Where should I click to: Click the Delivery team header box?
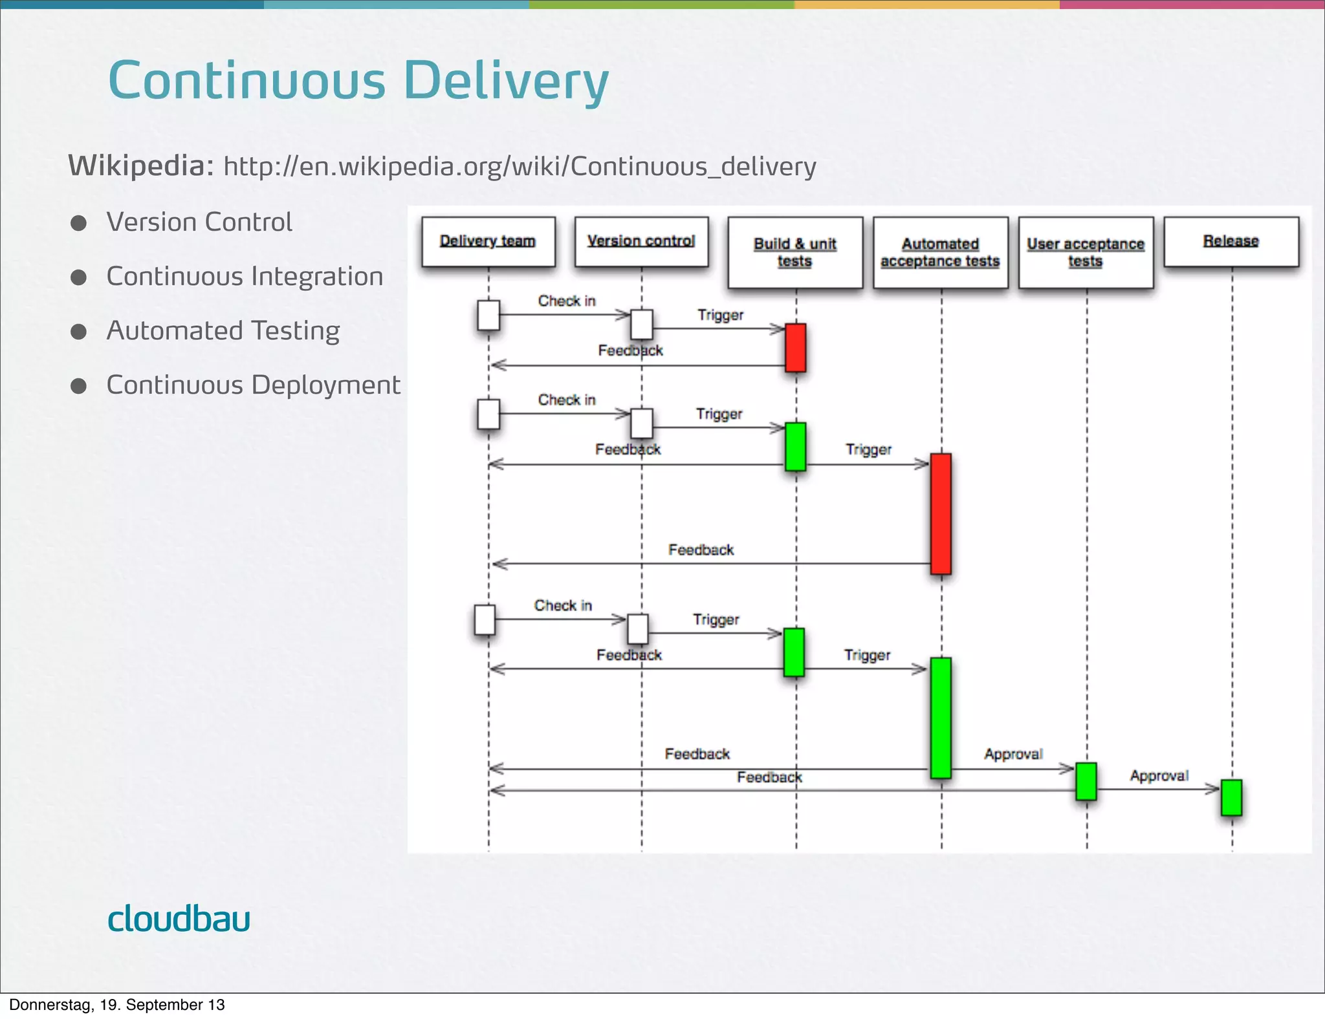(x=488, y=242)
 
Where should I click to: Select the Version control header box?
(x=641, y=242)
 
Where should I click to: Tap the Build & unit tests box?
(x=795, y=253)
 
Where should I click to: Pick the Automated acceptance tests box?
(x=940, y=253)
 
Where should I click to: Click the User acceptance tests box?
(x=1086, y=253)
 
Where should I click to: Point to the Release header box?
(x=1231, y=242)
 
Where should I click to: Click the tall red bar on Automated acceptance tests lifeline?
(x=941, y=514)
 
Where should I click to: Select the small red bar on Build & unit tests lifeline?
(x=795, y=348)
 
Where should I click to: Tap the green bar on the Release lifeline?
(x=1231, y=797)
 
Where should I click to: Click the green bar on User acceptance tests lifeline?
(x=1086, y=781)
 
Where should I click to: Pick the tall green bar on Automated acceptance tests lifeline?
(x=941, y=718)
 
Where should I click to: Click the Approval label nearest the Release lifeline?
(x=1159, y=775)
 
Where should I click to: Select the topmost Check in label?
(x=567, y=301)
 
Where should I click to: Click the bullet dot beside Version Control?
(x=79, y=223)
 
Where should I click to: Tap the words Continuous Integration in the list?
(x=245, y=277)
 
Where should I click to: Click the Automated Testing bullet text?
(x=223, y=331)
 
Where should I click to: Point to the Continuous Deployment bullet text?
(x=253, y=385)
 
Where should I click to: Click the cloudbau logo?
(x=179, y=919)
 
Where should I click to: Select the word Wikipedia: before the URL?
(x=141, y=166)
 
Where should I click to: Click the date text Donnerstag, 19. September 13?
(x=117, y=1005)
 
